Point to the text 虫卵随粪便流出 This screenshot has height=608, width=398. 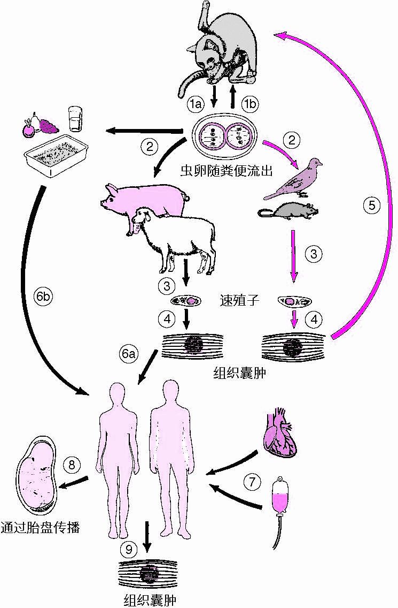(227, 171)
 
